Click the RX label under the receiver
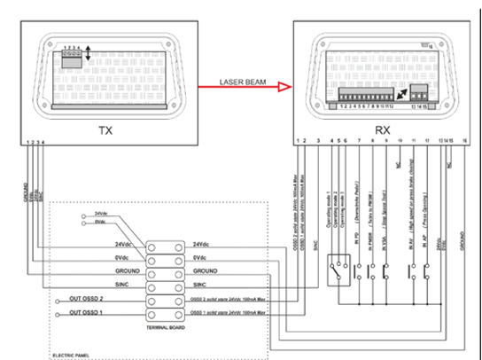382,130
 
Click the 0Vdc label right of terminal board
201,257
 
